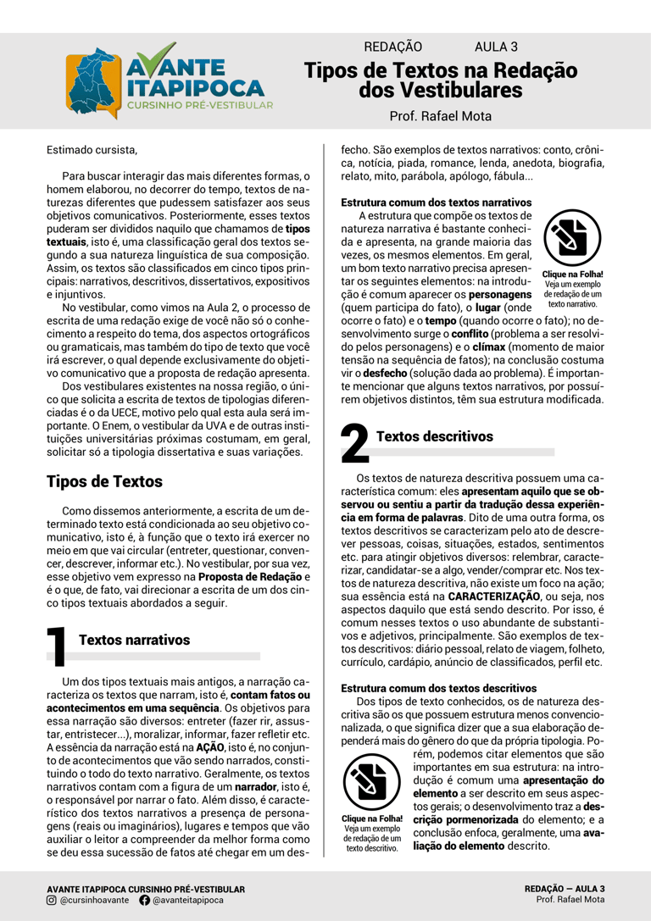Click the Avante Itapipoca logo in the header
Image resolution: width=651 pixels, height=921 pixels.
tap(170, 80)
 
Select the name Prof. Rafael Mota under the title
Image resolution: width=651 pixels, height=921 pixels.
tap(440, 116)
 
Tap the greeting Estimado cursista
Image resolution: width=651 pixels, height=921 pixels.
tap(92, 151)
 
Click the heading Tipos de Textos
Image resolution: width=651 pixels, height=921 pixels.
tap(103, 481)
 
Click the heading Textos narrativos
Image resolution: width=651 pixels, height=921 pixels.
tap(134, 640)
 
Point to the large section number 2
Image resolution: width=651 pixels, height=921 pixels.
tap(355, 444)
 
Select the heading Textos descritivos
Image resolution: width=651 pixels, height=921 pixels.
tap(434, 436)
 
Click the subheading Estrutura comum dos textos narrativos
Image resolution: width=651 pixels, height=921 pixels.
tap(436, 203)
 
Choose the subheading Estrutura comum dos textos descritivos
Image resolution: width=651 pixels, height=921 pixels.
tap(436, 688)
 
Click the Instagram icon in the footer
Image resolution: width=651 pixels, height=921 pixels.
tap(52, 900)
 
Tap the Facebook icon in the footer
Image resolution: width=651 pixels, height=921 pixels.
tap(144, 900)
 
